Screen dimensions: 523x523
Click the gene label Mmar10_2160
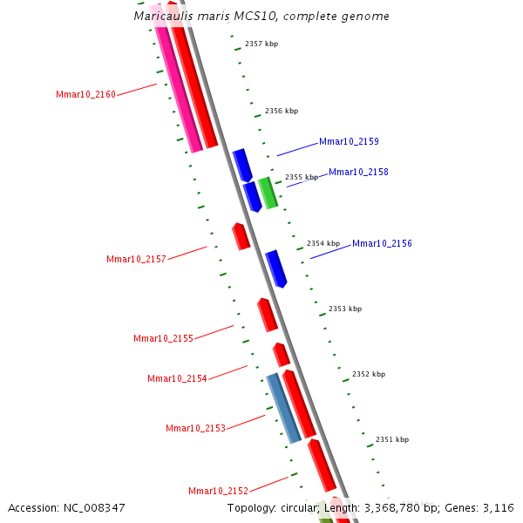click(85, 94)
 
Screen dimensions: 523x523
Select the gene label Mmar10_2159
click(349, 141)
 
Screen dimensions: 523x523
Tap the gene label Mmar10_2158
click(358, 173)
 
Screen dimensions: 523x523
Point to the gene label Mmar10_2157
click(136, 259)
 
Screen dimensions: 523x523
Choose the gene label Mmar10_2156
click(382, 244)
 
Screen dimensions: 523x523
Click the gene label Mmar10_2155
click(163, 338)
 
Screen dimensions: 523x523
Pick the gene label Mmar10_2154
click(177, 378)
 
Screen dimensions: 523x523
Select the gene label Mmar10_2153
click(195, 428)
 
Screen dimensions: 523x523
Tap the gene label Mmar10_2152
click(218, 491)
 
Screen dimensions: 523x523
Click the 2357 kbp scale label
click(261, 44)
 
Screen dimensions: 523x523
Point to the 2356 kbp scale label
click(282, 111)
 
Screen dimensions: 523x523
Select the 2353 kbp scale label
click(345, 309)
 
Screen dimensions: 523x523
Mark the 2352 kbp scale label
click(369, 374)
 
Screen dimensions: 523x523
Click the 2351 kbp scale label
click(392, 439)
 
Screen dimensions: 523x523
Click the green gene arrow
click(268, 193)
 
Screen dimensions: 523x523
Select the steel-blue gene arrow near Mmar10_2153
click(283, 407)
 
